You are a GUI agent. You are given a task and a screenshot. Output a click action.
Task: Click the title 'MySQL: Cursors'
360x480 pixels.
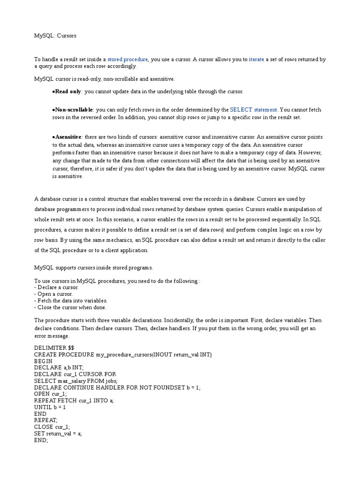[x=55, y=36]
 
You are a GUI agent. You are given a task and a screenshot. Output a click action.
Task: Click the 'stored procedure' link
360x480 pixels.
[x=127, y=60]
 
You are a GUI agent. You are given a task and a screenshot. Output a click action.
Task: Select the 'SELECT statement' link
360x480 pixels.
[x=254, y=110]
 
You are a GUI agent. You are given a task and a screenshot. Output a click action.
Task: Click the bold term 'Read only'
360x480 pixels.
[x=68, y=91]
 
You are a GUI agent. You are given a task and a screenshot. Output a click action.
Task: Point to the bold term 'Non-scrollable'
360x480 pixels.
[x=74, y=110]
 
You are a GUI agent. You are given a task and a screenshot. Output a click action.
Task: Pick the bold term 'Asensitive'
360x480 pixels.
[x=68, y=137]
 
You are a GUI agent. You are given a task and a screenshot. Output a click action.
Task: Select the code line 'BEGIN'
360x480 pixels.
[x=44, y=361]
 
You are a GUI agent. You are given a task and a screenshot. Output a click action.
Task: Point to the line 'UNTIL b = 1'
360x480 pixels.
[x=50, y=407]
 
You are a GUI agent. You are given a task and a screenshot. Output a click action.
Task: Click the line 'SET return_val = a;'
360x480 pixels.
[x=58, y=434]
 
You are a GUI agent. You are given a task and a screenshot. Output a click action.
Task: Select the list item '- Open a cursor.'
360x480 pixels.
[x=53, y=294]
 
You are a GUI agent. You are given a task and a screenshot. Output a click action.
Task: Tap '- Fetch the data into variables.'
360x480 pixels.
[x=71, y=300]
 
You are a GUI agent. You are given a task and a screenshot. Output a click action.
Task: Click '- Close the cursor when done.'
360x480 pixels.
[x=70, y=307]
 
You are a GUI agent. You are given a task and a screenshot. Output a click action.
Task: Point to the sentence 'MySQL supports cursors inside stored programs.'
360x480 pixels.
[x=94, y=268]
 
